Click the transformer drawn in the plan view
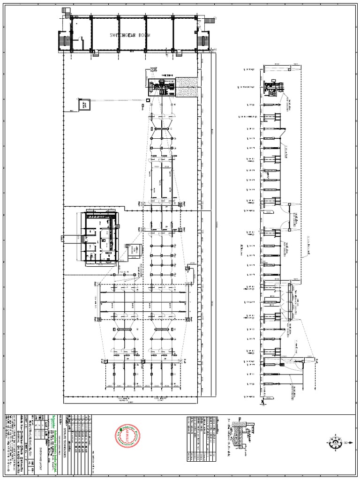coord(161,88)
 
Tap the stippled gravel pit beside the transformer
coord(186,88)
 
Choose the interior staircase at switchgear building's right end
coord(202,40)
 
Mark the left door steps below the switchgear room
coord(96,53)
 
